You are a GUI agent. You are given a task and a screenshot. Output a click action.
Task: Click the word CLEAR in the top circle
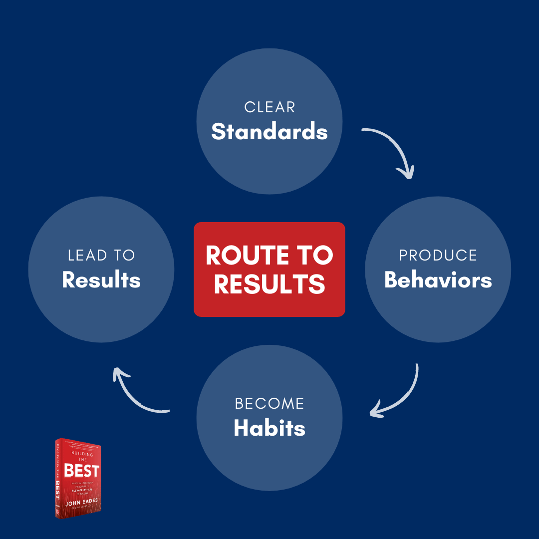pyautogui.click(x=269, y=107)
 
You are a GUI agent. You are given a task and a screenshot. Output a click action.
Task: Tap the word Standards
pyautogui.click(x=269, y=132)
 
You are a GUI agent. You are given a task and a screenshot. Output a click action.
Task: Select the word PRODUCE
pyautogui.click(x=438, y=256)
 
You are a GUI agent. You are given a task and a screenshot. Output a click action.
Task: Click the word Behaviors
pyautogui.click(x=438, y=280)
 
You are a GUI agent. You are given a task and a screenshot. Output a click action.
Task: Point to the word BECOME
pyautogui.click(x=269, y=404)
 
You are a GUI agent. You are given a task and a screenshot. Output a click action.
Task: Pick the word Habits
pyautogui.click(x=269, y=428)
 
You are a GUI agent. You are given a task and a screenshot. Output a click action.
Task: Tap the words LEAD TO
pyautogui.click(x=101, y=256)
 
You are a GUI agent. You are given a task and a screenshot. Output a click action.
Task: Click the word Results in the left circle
pyautogui.click(x=101, y=280)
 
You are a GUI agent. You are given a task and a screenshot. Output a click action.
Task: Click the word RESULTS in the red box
pyautogui.click(x=269, y=283)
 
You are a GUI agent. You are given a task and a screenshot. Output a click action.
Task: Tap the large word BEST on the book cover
pyautogui.click(x=81, y=470)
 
